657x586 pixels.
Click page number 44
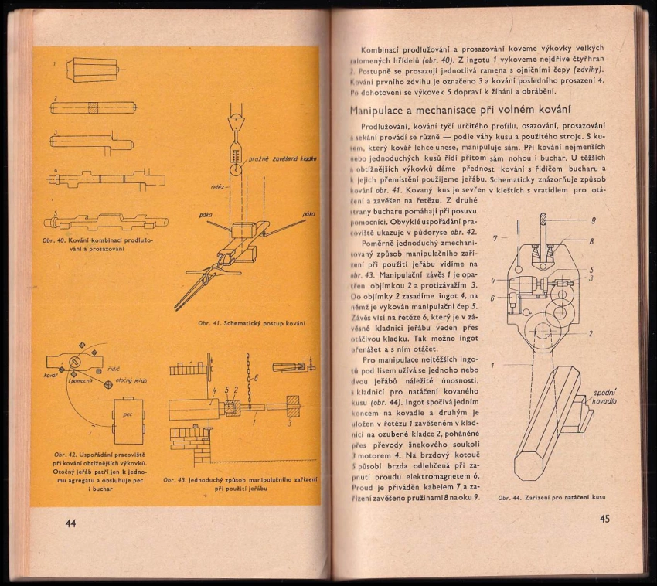70,523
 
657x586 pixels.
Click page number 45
604,519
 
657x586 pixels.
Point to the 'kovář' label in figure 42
52,375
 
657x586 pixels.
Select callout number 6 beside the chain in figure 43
256,380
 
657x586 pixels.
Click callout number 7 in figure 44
494,237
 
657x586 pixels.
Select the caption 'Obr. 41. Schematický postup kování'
250,322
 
